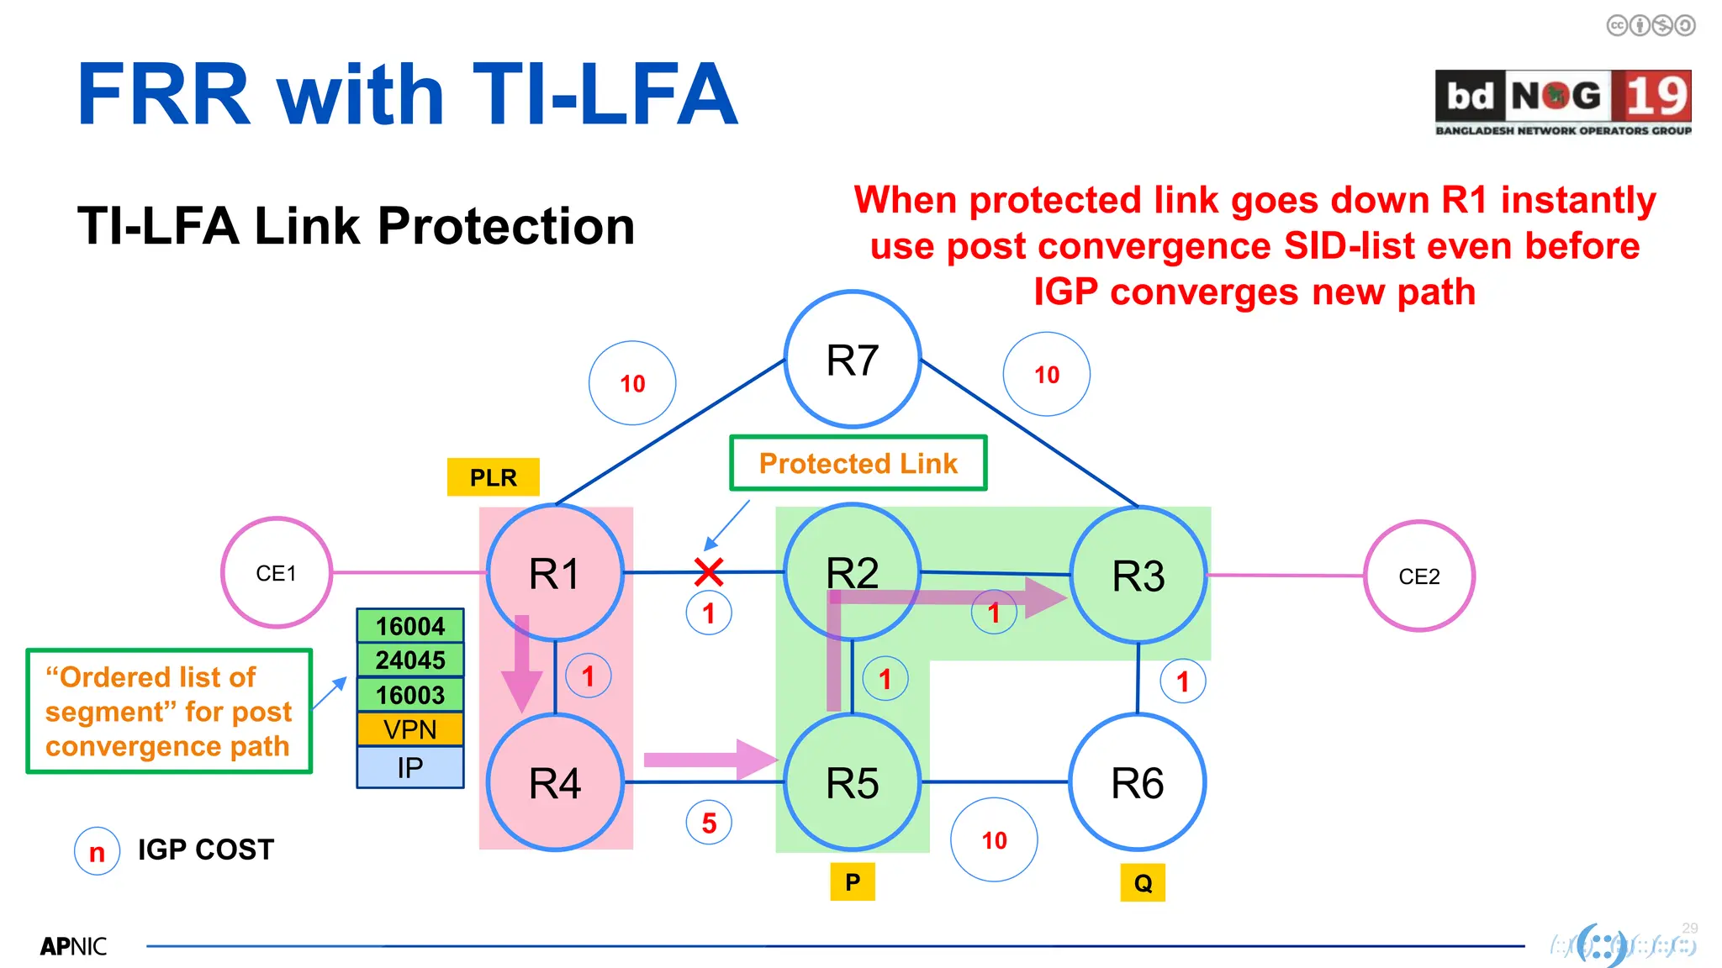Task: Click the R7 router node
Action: click(x=852, y=360)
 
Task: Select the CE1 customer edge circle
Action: click(x=277, y=573)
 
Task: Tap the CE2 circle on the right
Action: click(x=1418, y=576)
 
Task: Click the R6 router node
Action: click(x=1137, y=782)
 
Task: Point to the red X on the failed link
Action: click(x=709, y=572)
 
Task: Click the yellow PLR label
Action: click(x=493, y=477)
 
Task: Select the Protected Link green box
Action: click(x=858, y=463)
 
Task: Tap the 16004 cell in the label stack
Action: click(x=410, y=626)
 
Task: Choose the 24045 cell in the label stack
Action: click(x=410, y=660)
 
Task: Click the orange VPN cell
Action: click(x=410, y=729)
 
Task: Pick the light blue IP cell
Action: click(x=410, y=767)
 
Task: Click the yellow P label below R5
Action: click(x=852, y=882)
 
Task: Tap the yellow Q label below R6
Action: click(x=1143, y=883)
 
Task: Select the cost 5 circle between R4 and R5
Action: click(x=709, y=823)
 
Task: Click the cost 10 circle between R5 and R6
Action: click(x=994, y=839)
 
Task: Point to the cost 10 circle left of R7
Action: click(x=632, y=383)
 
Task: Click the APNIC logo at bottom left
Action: click(x=73, y=947)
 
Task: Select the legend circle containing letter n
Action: click(x=97, y=852)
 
